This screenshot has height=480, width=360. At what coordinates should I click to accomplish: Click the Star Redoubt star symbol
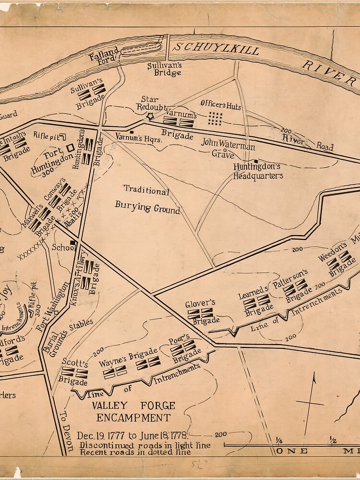(150, 116)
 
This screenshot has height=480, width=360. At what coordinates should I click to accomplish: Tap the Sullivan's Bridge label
(165, 68)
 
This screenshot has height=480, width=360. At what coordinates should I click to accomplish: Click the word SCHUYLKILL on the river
(216, 49)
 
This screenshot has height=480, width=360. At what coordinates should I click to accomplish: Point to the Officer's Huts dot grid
(216, 118)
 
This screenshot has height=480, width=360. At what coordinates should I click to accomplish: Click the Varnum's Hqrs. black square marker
(132, 132)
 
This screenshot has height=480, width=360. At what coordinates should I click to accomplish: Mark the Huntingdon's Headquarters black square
(256, 161)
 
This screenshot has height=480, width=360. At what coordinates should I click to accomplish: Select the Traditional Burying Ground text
(147, 200)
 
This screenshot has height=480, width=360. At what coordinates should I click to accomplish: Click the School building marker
(72, 243)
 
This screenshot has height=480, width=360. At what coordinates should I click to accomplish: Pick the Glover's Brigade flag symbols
(200, 313)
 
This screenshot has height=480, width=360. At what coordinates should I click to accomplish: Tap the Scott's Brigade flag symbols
(74, 372)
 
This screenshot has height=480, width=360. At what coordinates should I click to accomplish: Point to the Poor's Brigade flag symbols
(183, 347)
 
